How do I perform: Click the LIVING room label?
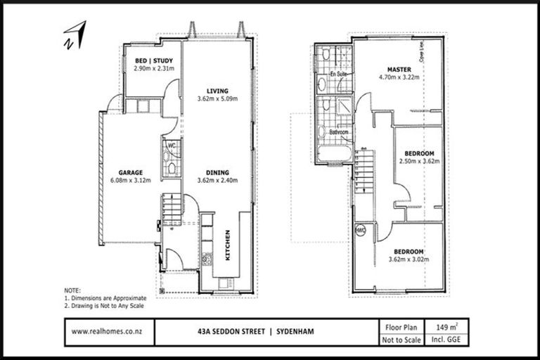coord(217,90)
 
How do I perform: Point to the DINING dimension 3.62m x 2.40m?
coord(217,180)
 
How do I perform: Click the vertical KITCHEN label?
coord(227,245)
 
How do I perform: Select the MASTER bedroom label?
coord(399,69)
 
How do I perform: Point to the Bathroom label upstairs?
coord(333,130)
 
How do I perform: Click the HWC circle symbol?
coord(361,230)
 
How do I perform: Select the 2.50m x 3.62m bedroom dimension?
coord(419,161)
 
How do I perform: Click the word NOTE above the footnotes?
coord(72,290)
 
